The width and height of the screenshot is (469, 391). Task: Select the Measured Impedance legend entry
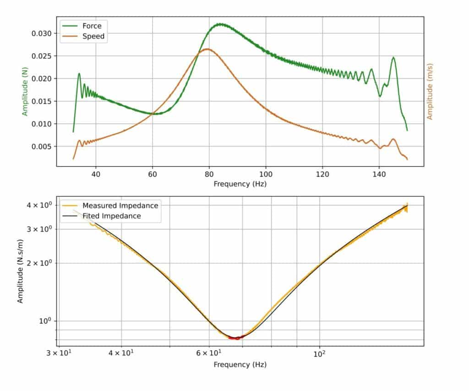[120, 206]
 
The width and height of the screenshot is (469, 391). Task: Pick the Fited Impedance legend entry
[111, 216]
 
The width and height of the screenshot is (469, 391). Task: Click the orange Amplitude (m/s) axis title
[430, 93]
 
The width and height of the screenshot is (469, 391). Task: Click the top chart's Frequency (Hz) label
[240, 184]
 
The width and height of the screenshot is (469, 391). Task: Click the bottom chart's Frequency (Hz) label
[240, 364]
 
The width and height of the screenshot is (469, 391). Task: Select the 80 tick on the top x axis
[209, 174]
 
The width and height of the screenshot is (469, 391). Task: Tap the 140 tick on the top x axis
[379, 174]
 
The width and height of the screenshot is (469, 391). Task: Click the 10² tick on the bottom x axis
[320, 353]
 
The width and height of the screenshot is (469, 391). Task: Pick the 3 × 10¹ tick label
[58, 353]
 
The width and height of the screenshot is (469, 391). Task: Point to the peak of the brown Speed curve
[208, 49]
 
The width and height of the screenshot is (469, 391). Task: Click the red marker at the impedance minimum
[237, 338]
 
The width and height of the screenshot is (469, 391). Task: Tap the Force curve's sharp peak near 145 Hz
[393, 58]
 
